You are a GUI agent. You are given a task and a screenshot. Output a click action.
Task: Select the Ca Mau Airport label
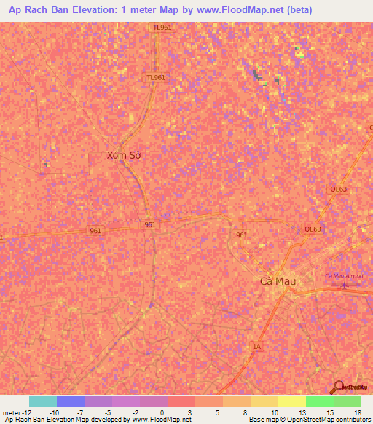pos(344,276)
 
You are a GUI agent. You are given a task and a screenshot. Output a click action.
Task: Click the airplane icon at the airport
pos(345,285)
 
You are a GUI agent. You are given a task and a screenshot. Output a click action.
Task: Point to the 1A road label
pos(256,346)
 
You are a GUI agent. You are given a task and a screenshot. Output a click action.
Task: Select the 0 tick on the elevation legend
pos(161,412)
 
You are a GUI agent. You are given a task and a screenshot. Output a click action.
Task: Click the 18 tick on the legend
pos(356,412)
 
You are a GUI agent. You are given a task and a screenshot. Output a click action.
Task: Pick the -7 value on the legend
pos(80,412)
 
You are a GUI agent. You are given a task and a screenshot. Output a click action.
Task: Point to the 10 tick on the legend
pos(273,412)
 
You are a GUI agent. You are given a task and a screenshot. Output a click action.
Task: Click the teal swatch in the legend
pos(42,401)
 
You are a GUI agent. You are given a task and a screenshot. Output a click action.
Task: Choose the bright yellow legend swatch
pos(291,401)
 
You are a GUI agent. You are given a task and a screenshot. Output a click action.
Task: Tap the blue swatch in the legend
pos(70,401)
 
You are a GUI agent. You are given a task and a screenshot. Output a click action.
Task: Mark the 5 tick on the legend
pos(217,412)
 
